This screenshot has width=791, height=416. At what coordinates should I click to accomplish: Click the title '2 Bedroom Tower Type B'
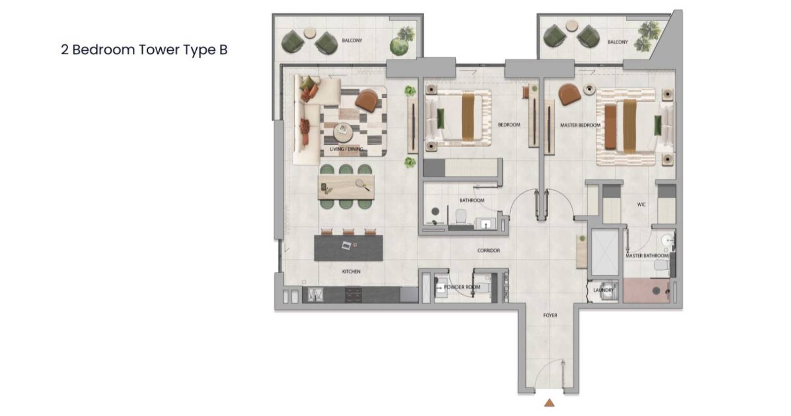point(144,50)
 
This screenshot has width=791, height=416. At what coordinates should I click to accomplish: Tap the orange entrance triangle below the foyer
point(549,403)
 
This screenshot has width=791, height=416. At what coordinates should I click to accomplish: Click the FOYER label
point(550,315)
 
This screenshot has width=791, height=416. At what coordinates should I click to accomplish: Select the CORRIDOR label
point(488,250)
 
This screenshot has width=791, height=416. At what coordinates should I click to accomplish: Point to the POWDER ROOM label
point(462,287)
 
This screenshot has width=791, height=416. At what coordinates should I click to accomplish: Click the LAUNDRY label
point(603,290)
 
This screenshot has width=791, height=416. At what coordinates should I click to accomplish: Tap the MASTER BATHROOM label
point(647,255)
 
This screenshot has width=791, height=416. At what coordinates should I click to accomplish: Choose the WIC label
point(641,205)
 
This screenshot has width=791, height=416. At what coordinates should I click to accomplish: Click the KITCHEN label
point(351,271)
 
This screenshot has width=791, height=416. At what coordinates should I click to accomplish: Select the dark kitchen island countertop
point(349,248)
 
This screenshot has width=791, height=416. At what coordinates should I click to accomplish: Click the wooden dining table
point(346,187)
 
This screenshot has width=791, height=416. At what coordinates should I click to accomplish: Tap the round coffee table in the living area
point(343,133)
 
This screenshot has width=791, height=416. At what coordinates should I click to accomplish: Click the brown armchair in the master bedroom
point(569,94)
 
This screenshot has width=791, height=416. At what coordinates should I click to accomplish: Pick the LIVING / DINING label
point(347,149)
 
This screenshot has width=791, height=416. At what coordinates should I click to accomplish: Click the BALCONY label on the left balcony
point(352,41)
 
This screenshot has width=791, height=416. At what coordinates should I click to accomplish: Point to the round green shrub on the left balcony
point(399,46)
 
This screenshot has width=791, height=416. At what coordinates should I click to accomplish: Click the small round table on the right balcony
point(571,25)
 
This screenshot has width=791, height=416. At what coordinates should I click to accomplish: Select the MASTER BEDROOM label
point(580,125)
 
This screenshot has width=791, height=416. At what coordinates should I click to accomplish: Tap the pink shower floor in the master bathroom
point(647,291)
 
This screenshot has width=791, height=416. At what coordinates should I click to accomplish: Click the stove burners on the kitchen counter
point(353,295)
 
